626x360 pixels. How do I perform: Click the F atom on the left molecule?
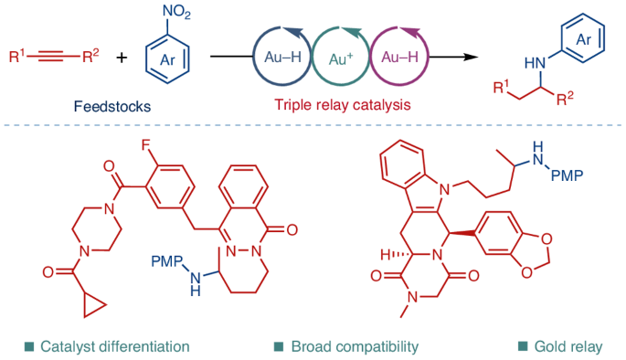(147, 143)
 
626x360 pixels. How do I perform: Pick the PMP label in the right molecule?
(567, 175)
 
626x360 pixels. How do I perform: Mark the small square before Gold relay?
(523, 346)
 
